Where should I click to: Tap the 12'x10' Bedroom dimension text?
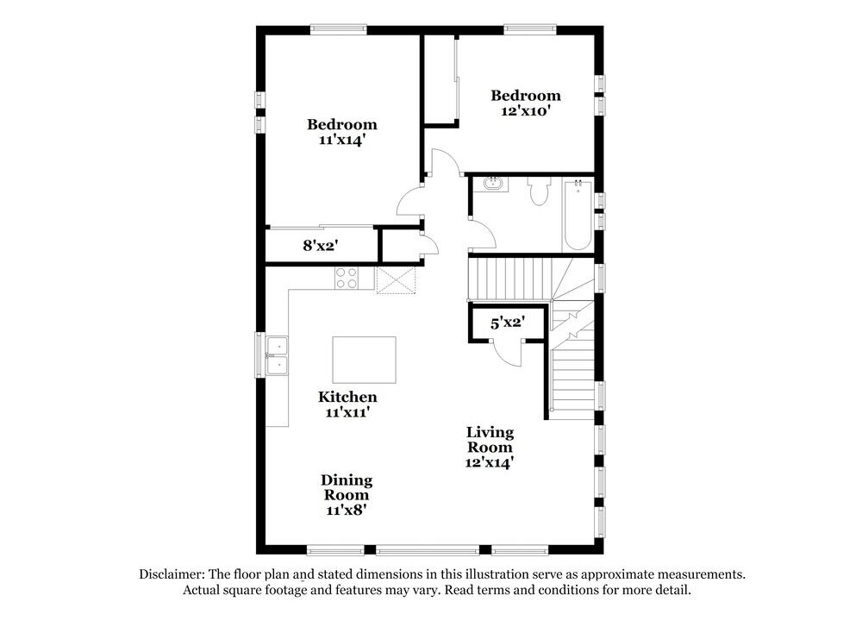pyautogui.click(x=526, y=110)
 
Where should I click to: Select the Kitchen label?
pyautogui.click(x=347, y=397)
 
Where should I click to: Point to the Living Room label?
pyautogui.click(x=490, y=439)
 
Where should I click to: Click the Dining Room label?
pyautogui.click(x=347, y=487)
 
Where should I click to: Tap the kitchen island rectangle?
pyautogui.click(x=365, y=360)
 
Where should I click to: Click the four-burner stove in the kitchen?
pyautogui.click(x=347, y=278)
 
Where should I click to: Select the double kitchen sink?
pyautogui.click(x=278, y=355)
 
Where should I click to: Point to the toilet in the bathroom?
pyautogui.click(x=540, y=192)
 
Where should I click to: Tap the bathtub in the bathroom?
pyautogui.click(x=577, y=215)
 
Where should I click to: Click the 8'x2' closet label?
pyautogui.click(x=320, y=245)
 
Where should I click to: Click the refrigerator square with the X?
pyautogui.click(x=396, y=279)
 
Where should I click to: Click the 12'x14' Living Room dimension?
pyautogui.click(x=490, y=462)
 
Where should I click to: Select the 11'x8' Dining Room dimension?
pyautogui.click(x=347, y=511)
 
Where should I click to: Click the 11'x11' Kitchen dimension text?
pyautogui.click(x=347, y=412)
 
